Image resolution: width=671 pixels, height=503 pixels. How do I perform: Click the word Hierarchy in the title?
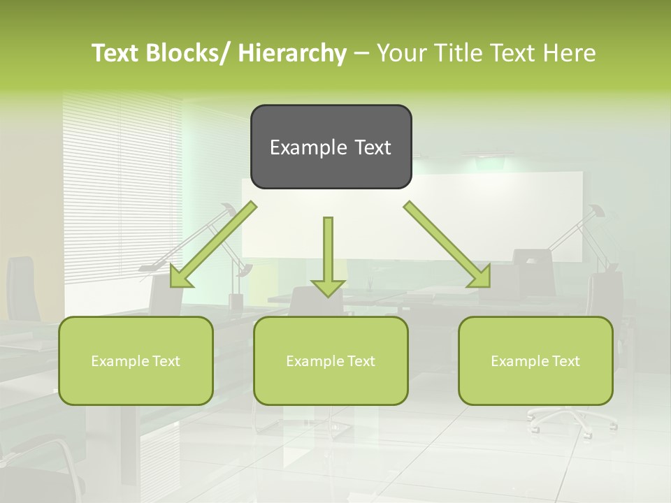click(292, 54)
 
